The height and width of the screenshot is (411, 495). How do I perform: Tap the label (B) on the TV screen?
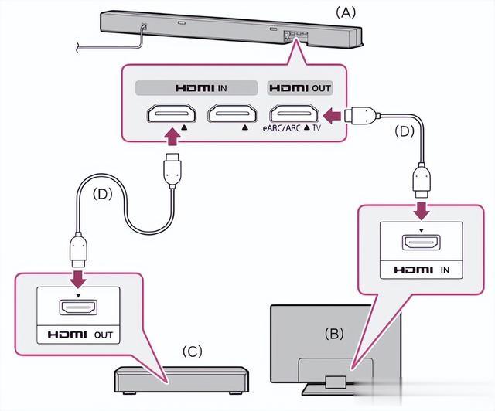coord(334,335)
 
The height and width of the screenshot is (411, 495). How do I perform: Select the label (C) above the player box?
coord(192,352)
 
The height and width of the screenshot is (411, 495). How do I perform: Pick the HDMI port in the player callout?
coord(78,309)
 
